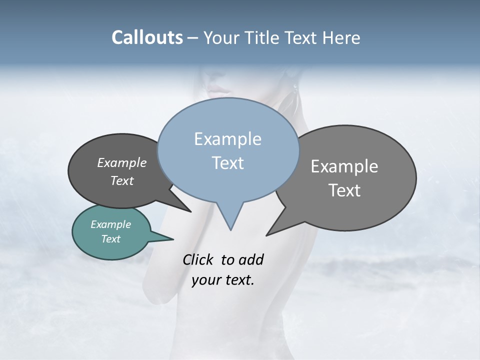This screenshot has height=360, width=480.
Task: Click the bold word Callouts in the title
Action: click(x=147, y=37)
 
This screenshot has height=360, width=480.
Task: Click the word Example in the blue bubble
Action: click(x=227, y=139)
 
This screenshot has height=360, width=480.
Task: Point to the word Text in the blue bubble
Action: click(x=227, y=163)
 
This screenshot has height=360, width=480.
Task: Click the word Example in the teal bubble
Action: click(x=110, y=224)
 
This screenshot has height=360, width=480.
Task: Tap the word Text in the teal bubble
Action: click(x=110, y=239)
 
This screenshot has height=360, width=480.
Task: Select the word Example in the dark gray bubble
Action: click(x=121, y=162)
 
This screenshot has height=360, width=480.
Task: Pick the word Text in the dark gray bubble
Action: click(x=121, y=180)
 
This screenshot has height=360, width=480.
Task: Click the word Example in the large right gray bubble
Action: click(x=344, y=166)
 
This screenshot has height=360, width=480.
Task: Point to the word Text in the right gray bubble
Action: click(x=344, y=190)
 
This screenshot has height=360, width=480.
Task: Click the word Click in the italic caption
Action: click(x=198, y=259)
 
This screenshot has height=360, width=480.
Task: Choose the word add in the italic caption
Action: click(x=250, y=259)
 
